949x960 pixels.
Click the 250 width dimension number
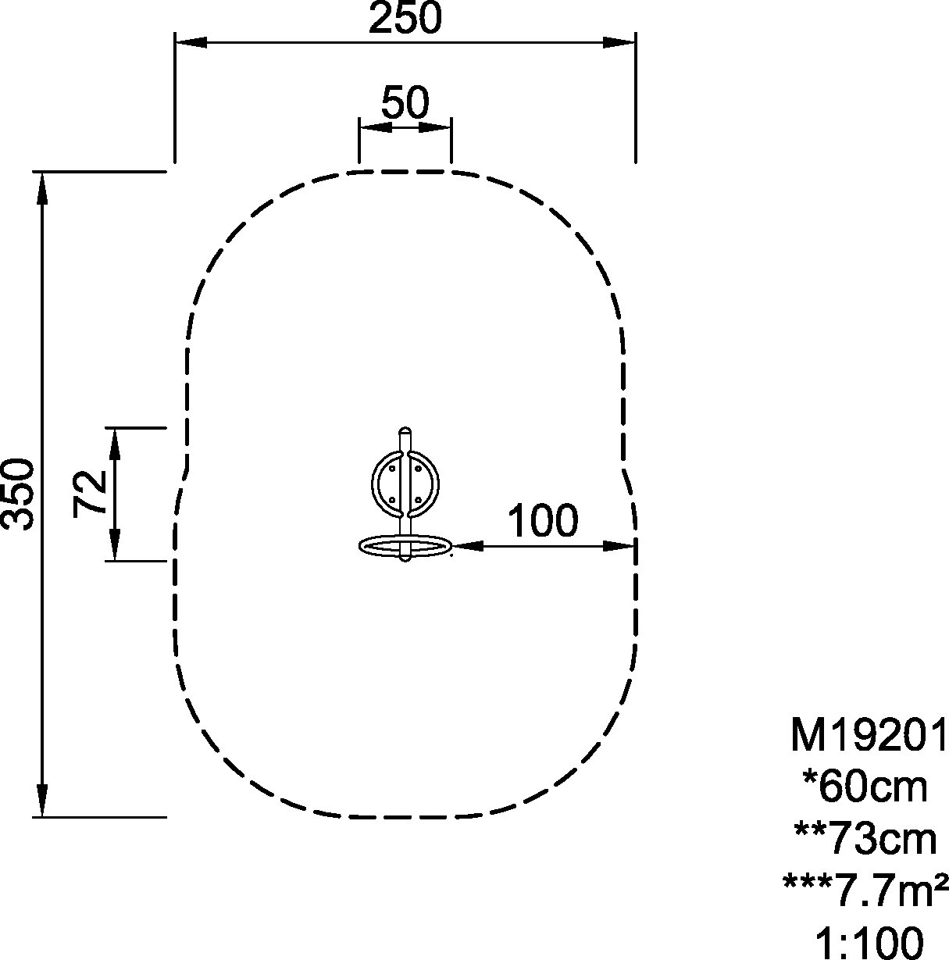405,19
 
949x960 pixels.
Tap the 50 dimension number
405,102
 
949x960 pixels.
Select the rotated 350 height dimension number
19,494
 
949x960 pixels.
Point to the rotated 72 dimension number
90,493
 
